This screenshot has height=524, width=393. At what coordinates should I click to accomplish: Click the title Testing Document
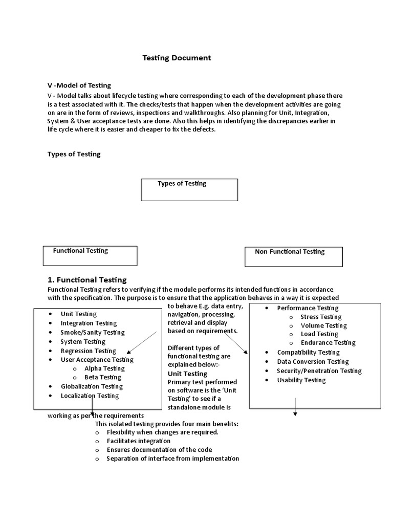pyautogui.click(x=177, y=58)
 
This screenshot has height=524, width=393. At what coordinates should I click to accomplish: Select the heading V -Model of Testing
pyautogui.click(x=79, y=85)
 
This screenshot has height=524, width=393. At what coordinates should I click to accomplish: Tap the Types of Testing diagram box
pyautogui.click(x=189, y=189)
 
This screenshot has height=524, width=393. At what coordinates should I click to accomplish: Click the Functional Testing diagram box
pyautogui.click(x=90, y=256)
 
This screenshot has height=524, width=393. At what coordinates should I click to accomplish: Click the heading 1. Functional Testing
pyautogui.click(x=87, y=280)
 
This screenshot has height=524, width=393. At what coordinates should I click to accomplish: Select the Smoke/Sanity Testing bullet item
pyautogui.click(x=93, y=333)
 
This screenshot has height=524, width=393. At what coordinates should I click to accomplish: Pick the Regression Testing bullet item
pyautogui.click(x=89, y=351)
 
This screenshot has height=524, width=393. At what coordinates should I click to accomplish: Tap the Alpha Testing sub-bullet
pyautogui.click(x=104, y=368)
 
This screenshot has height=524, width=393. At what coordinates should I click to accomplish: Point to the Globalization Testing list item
pyautogui.click(x=92, y=386)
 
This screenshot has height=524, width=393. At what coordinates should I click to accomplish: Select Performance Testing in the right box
pyautogui.click(x=308, y=308)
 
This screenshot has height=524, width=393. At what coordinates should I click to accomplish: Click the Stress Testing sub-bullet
pyautogui.click(x=321, y=317)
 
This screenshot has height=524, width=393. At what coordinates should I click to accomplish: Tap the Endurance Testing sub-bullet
pyautogui.click(x=328, y=343)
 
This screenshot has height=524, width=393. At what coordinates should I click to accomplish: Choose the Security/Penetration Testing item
pyautogui.click(x=319, y=371)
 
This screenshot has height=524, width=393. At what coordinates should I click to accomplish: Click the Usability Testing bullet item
pyautogui.click(x=301, y=380)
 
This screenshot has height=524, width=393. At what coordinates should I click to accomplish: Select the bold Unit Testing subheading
pyautogui.click(x=187, y=374)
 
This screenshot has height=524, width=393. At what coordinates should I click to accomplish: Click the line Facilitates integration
pyautogui.click(x=139, y=441)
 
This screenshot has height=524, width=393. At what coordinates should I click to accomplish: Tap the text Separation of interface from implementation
pyautogui.click(x=172, y=458)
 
